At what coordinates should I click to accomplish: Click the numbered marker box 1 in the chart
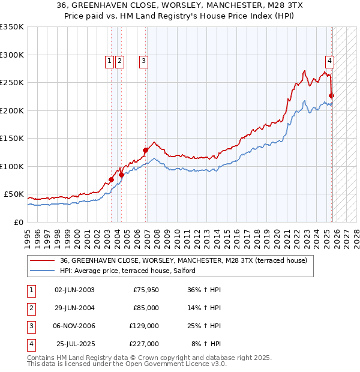pyautogui.click(x=110, y=60)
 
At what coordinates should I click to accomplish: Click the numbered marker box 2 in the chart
pyautogui.click(x=120, y=60)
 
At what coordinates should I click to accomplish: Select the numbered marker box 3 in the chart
pyautogui.click(x=144, y=60)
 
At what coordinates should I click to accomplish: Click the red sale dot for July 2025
pyautogui.click(x=332, y=95)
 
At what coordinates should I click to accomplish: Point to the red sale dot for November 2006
pyautogui.click(x=145, y=150)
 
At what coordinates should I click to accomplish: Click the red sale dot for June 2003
pyautogui.click(x=111, y=179)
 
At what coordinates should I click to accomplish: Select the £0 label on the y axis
pyautogui.click(x=18, y=222)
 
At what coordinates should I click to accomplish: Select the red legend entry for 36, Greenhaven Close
pyautogui.click(x=184, y=260)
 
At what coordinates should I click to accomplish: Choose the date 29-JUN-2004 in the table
pyautogui.click(x=74, y=307)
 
